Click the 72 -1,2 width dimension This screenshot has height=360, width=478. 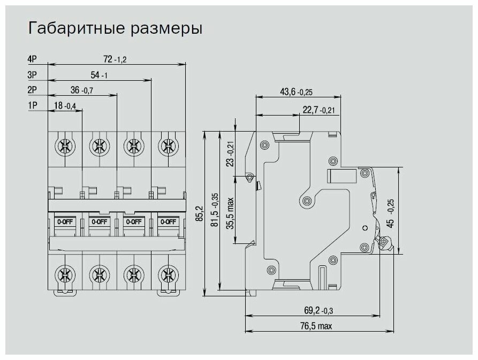(x=115, y=59)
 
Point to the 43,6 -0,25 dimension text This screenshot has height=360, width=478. (x=296, y=92)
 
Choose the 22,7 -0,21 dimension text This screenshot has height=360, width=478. (x=318, y=110)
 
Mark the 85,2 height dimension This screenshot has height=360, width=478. (x=200, y=213)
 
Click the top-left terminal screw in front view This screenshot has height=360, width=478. (x=65, y=144)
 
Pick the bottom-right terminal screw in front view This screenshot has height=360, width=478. (x=168, y=276)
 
